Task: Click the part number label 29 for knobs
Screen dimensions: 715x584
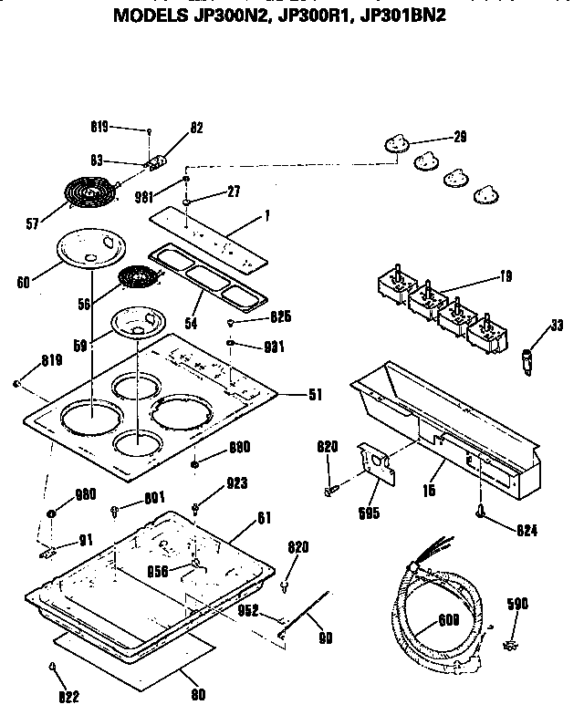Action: [x=460, y=137]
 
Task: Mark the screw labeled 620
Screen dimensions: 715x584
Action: [x=328, y=491]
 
